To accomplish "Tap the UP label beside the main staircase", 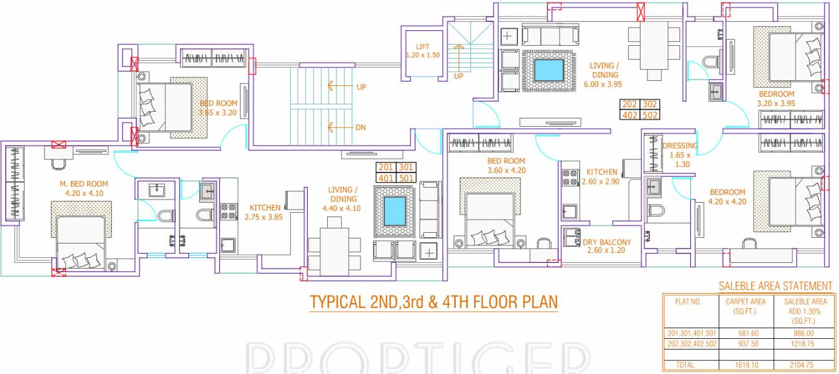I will pos(360,87).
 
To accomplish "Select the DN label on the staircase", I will pos(360,127).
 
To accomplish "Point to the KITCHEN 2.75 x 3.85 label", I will pos(265,212).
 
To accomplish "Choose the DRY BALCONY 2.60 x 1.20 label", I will pos(607,246).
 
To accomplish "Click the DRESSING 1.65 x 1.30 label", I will pos(679,155).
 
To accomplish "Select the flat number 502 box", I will pos(649,115).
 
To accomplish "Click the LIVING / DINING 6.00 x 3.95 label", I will pos(604,75).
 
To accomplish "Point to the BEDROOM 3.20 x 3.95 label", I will pos(776,99).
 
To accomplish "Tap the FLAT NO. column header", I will pos(688,301).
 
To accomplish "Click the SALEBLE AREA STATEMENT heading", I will pos(776,286).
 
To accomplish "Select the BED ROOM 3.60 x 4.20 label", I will pos(506,166).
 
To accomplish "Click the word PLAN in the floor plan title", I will pos(539,302).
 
